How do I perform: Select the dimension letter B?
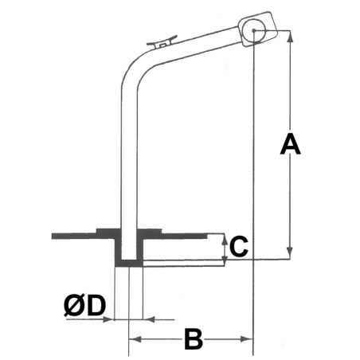click(x=193, y=339)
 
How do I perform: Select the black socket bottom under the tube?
click(x=128, y=262)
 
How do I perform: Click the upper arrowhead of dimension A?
click(x=290, y=36)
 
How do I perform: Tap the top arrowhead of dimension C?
click(x=224, y=237)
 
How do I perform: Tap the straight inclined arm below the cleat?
click(x=199, y=44)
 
